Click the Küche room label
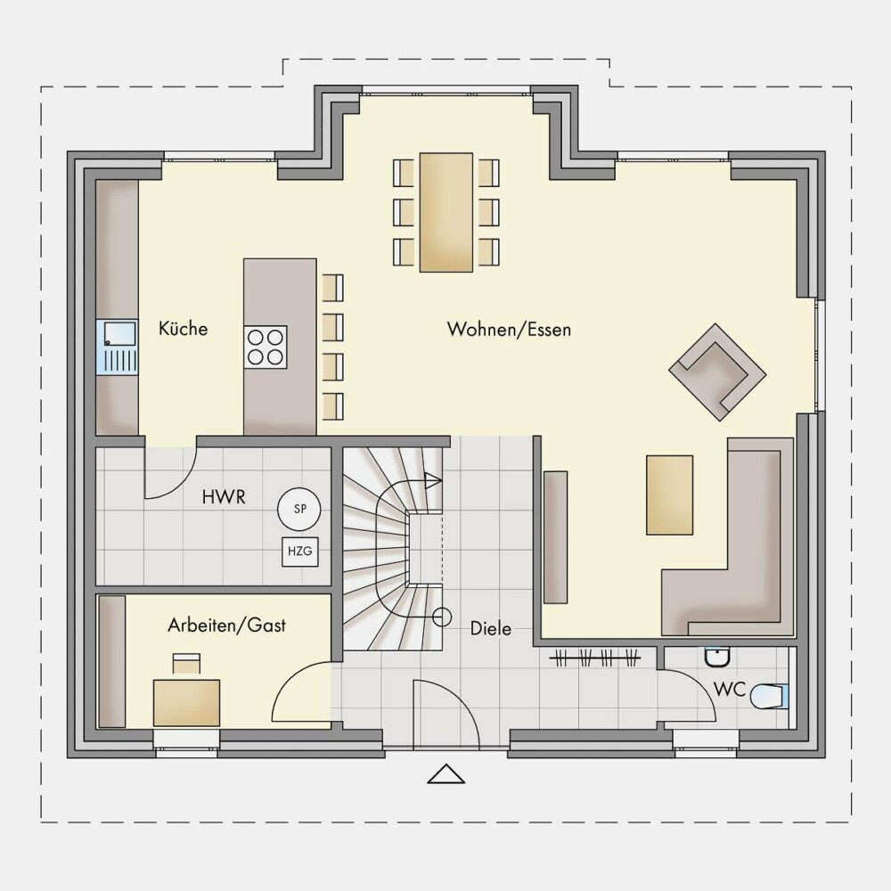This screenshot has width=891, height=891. (x=183, y=329)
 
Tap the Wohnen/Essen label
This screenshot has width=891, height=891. (x=509, y=329)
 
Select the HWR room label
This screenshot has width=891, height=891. (x=224, y=497)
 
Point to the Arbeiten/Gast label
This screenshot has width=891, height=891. (x=226, y=625)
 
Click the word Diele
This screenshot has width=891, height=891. (x=491, y=628)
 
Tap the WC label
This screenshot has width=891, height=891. (x=729, y=690)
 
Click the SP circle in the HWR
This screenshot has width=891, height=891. (x=299, y=509)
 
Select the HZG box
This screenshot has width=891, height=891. (x=300, y=551)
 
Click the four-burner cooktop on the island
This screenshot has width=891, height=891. (x=266, y=347)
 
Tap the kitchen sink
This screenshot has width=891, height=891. (x=117, y=347)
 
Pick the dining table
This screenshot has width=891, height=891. (x=446, y=212)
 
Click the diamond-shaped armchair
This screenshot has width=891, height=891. (x=717, y=372)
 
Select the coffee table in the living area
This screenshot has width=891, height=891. (x=669, y=495)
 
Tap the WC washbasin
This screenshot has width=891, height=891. (x=717, y=657)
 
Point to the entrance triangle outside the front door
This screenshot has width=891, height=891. (x=446, y=774)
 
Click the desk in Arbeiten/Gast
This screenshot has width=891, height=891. (x=186, y=702)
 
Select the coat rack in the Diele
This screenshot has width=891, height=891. (x=595, y=658)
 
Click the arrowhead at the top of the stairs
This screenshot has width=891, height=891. (x=433, y=481)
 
